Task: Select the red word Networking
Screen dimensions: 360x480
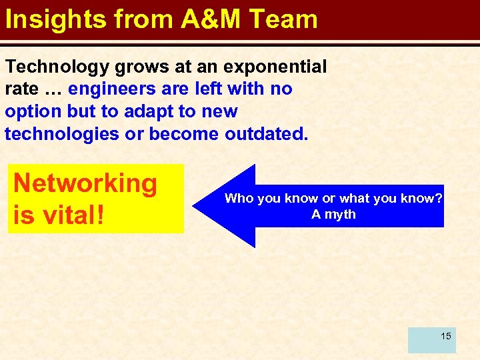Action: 85,183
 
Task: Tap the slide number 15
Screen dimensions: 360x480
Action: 445,335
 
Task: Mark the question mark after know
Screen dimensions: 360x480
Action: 439,198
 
